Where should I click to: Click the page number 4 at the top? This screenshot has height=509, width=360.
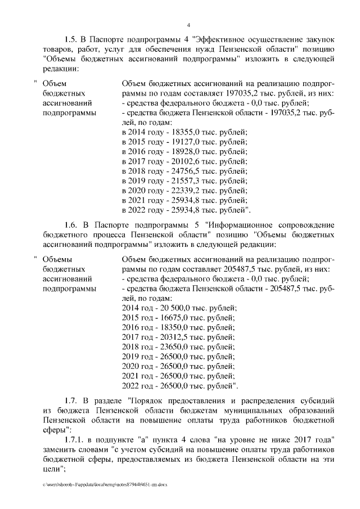189,25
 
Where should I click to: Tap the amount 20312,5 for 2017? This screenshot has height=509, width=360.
167,337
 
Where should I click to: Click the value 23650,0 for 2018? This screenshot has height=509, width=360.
167,348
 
